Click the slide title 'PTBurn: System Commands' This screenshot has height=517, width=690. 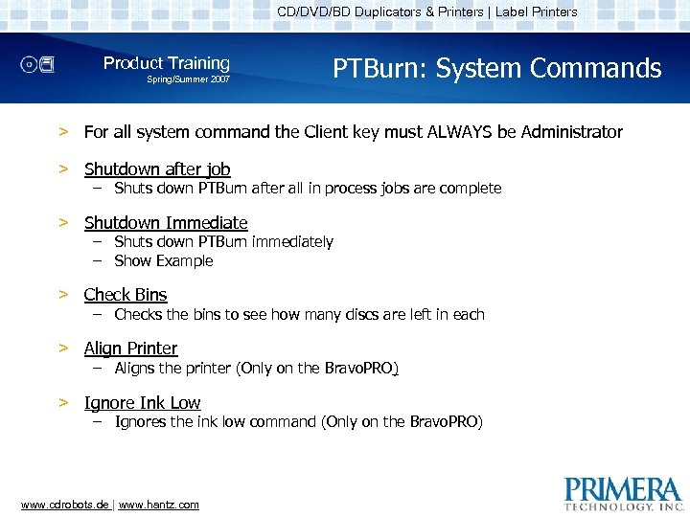[496, 69]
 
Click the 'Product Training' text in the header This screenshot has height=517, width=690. [167, 63]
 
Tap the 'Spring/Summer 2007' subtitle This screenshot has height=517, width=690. [188, 79]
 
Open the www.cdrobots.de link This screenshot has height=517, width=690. [64, 505]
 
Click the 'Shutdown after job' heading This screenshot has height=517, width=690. [157, 169]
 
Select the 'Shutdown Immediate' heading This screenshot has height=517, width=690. [166, 223]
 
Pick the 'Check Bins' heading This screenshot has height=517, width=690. [126, 295]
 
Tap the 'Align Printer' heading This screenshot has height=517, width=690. [130, 348]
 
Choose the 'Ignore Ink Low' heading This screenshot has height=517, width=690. [142, 403]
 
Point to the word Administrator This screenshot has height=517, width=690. [561, 132]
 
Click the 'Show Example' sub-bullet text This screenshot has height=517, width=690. [164, 260]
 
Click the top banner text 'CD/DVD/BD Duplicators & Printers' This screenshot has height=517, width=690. [380, 12]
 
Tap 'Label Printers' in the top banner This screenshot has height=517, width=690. [537, 12]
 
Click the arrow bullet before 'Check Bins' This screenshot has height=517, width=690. [62, 295]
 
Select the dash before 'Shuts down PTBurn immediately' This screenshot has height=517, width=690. [98, 242]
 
